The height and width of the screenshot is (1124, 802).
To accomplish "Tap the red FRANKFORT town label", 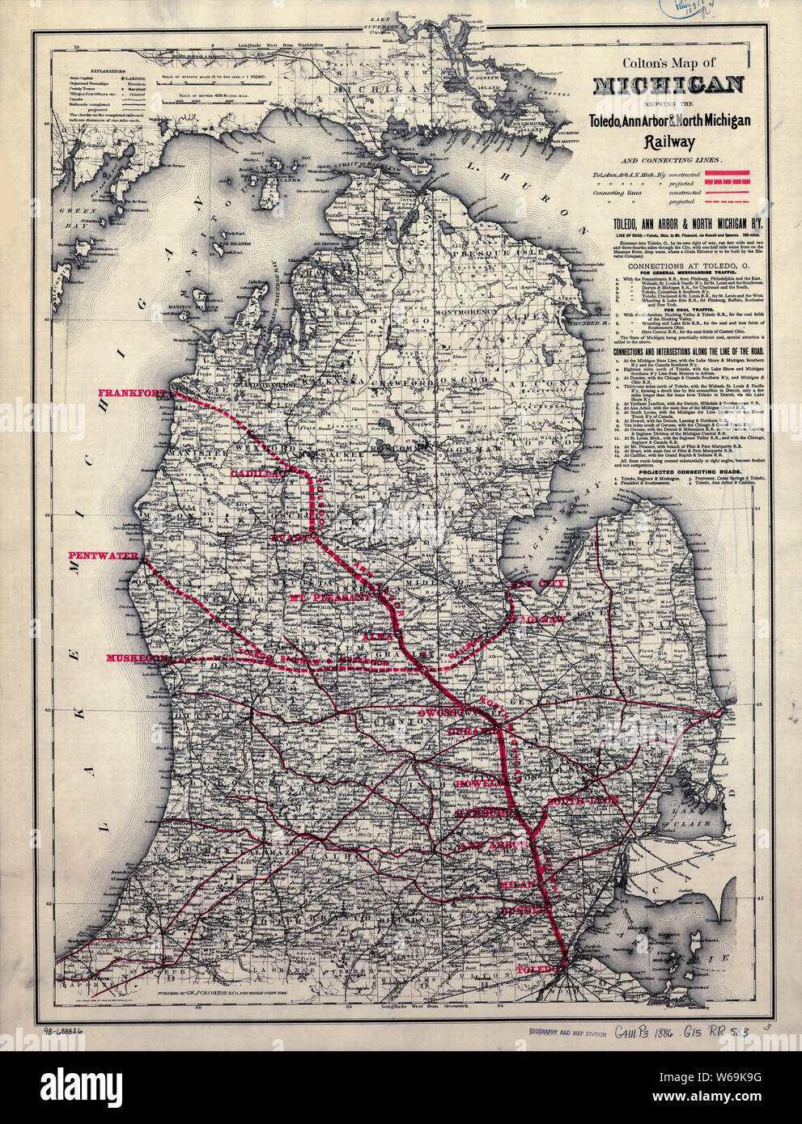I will [134, 393].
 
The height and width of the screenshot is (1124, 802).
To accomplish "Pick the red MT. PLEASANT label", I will [328, 597].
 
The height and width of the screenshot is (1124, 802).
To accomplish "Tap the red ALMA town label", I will [379, 638].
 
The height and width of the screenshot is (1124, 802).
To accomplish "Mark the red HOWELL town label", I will [477, 784].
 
